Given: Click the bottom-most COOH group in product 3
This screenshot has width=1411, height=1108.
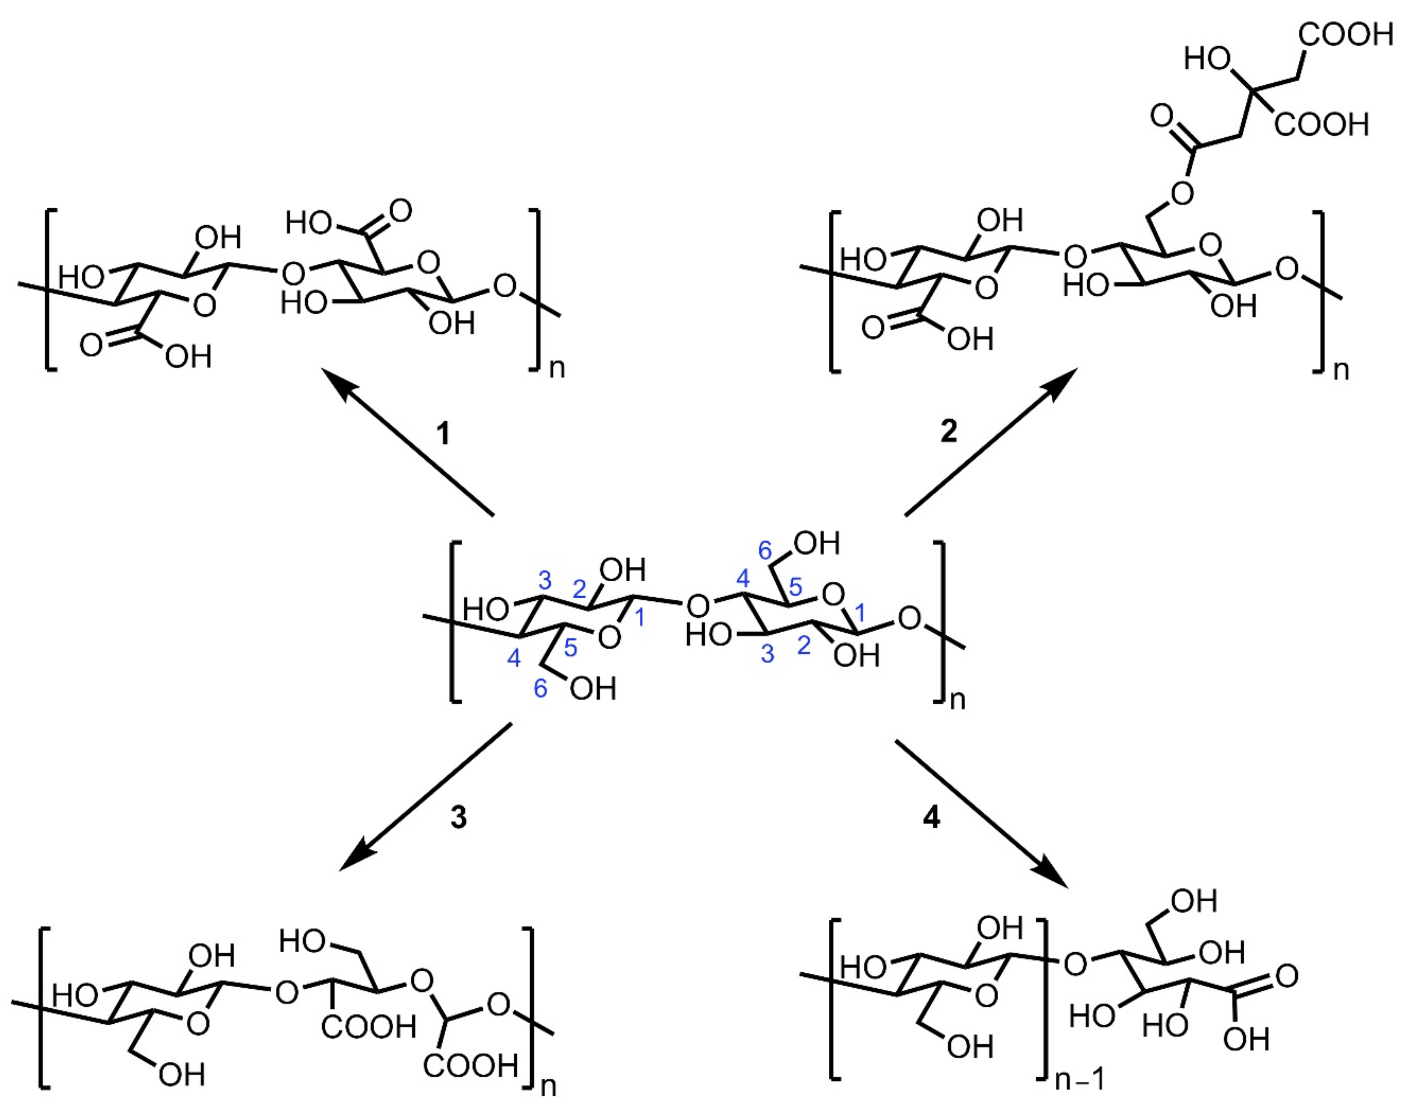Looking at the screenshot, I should click(x=471, y=1065).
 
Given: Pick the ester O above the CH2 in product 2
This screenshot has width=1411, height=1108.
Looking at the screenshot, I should click(x=1183, y=193).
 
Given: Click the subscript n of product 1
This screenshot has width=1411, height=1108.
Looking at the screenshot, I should click(x=557, y=368).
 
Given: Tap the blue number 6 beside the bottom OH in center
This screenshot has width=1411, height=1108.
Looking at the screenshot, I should click(x=540, y=689).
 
